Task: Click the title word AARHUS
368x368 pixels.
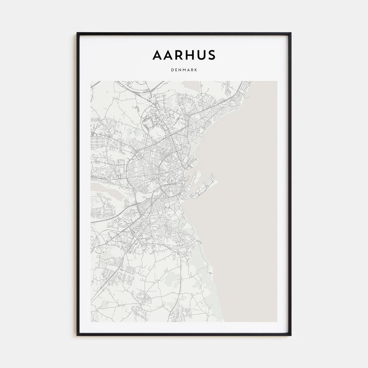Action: point(184,55)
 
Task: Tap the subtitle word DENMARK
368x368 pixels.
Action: point(184,70)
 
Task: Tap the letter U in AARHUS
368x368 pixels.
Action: point(200,55)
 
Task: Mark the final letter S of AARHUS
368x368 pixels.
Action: point(211,55)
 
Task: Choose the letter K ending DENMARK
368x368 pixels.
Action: point(196,70)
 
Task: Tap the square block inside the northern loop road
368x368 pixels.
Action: point(147,121)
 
